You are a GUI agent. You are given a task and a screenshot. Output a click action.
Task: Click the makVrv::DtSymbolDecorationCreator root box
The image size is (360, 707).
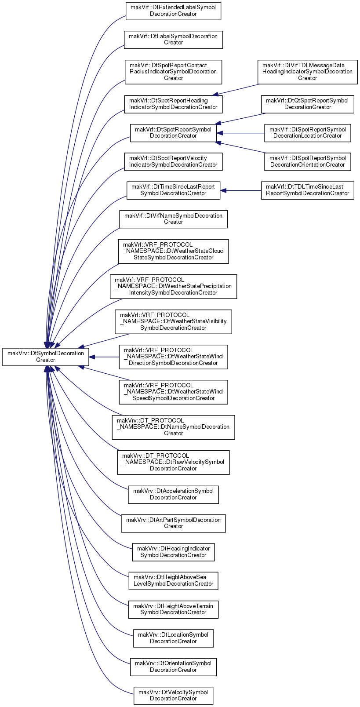point(45,357)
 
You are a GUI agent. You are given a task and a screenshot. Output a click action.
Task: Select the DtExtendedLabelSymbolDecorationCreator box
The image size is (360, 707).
point(173,11)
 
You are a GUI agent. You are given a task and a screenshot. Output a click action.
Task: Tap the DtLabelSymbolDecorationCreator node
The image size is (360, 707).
point(173,40)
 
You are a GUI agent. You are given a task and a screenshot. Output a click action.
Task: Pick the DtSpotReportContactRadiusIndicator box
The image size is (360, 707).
point(173,72)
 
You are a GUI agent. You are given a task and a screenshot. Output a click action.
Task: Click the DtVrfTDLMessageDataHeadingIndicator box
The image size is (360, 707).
point(307,72)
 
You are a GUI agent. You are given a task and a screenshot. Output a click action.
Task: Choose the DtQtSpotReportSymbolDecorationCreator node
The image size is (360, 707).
point(307,104)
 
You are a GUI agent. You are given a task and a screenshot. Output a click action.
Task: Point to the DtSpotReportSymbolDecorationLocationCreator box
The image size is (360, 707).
point(307,133)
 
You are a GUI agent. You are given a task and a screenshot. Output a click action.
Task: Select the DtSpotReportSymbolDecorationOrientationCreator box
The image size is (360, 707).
point(307,162)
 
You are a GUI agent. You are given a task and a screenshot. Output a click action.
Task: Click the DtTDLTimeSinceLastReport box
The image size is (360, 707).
point(307,190)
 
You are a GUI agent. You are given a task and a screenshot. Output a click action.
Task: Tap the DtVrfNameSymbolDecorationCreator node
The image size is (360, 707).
point(173,219)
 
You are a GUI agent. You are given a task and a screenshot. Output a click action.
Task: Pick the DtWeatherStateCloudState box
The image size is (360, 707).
point(173,251)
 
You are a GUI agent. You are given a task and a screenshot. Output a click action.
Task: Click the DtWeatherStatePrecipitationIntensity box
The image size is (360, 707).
point(173,287)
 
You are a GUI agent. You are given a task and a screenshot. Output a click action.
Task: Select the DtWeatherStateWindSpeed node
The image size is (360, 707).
point(173,392)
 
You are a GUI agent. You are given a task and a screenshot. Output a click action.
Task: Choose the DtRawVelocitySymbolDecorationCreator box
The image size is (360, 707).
point(173,463)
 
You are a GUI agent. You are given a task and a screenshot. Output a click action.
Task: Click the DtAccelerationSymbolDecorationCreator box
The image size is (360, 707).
point(173,495)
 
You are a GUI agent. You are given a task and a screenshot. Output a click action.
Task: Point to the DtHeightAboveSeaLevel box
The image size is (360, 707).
point(173,581)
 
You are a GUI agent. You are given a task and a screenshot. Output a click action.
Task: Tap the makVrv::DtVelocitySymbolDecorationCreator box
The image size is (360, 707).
point(173,696)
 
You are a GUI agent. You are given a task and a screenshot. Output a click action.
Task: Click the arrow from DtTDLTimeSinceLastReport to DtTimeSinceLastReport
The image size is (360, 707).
point(241,190)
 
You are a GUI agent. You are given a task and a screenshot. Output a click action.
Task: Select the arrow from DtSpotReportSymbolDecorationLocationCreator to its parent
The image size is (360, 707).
point(240,133)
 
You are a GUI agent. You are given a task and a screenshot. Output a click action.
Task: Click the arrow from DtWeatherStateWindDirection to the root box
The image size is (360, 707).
point(104,357)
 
